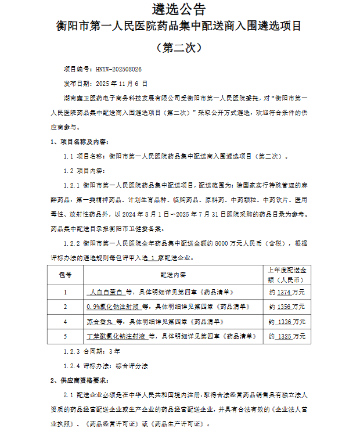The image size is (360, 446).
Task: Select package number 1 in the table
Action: point(65,292)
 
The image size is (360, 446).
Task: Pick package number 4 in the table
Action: point(65,321)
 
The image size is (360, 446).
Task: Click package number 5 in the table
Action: point(65,336)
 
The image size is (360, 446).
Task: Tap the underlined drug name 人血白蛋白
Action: point(106,292)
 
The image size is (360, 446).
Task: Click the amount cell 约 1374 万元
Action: point(288,292)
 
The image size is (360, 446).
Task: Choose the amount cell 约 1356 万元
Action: point(288,307)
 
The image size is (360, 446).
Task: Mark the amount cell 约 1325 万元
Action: point(288,336)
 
